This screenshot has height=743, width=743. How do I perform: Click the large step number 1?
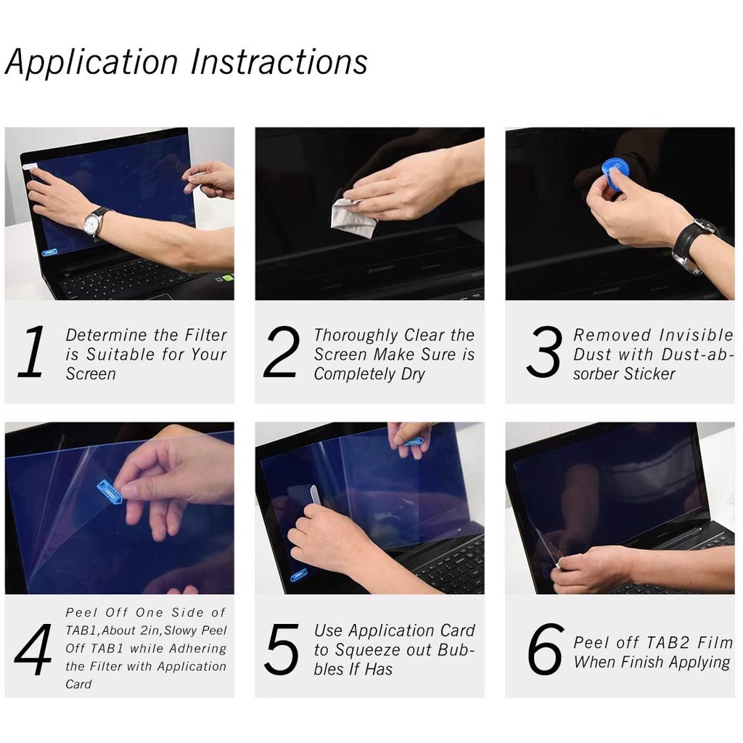(32, 351)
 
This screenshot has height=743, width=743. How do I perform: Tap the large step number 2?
(282, 352)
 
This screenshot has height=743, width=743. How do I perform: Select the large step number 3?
(544, 352)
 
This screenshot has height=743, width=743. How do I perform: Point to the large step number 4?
(33, 649)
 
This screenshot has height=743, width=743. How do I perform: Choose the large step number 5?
(282, 649)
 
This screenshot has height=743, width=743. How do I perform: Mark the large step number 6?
(546, 649)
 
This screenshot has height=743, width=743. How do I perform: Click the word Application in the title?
(91, 62)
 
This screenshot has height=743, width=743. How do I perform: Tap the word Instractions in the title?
(279, 62)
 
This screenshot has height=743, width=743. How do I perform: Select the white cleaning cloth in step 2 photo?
(353, 218)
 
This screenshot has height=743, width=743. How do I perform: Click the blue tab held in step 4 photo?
(110, 491)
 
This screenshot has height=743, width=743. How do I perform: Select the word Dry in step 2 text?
(413, 374)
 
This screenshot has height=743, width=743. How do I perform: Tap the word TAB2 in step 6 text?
(668, 643)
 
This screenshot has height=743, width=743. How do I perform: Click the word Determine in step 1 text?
(106, 335)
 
